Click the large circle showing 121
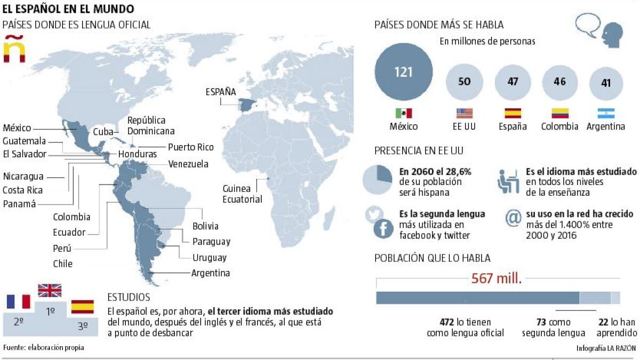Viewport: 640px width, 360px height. tap(404, 72)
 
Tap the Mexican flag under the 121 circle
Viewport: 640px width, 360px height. tap(404, 113)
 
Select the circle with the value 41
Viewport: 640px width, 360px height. tap(605, 83)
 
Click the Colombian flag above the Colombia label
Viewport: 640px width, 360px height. tap(559, 113)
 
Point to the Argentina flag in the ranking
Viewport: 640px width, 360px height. tap(605, 113)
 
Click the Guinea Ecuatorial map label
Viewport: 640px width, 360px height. tap(243, 194)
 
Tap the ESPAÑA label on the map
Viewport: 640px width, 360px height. tap(221, 92)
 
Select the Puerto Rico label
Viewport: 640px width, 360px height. tap(190, 147)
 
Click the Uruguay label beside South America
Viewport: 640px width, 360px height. tap(210, 258)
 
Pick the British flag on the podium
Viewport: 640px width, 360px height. tap(50, 291)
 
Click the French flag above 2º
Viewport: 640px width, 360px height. tap(19, 301)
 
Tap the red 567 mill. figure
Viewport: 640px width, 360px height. tap(496, 278)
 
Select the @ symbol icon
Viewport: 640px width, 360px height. tap(513, 219)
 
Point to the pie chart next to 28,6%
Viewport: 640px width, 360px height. tap(378, 179)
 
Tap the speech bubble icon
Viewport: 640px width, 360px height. tap(587, 25)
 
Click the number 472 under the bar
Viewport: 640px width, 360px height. tap(446, 322)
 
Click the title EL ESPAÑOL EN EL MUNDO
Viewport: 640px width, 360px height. tap(68, 9)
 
